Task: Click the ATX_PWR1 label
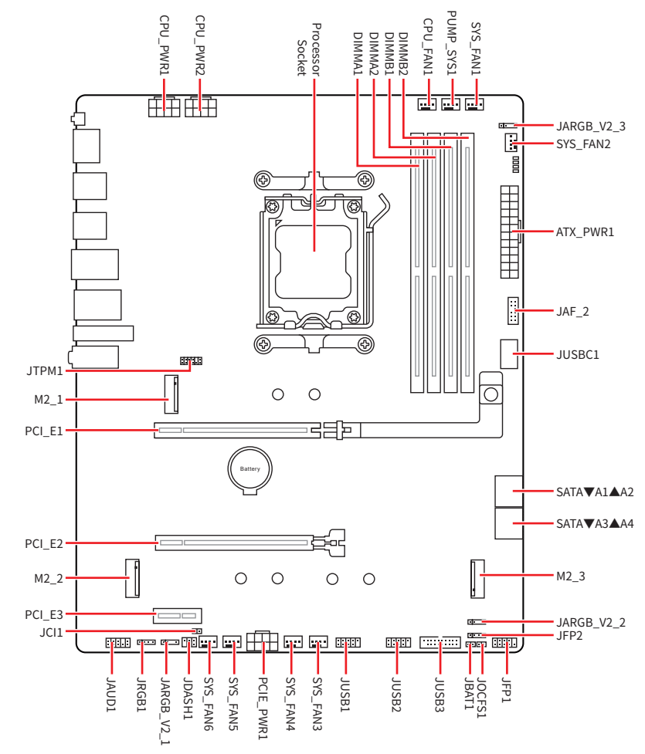(585, 231)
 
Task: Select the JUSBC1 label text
(579, 354)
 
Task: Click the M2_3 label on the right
(572, 576)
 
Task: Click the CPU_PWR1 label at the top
(165, 44)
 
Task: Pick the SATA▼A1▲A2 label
(595, 492)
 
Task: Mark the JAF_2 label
(573, 312)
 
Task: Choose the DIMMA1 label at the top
(357, 55)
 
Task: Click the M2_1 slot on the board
(171, 394)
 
